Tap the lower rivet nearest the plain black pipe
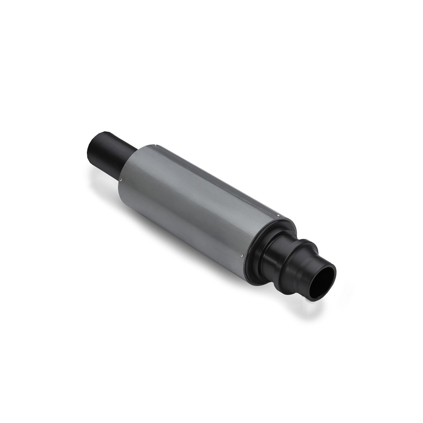[x=121, y=179]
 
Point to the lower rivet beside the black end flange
[x=242, y=255]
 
